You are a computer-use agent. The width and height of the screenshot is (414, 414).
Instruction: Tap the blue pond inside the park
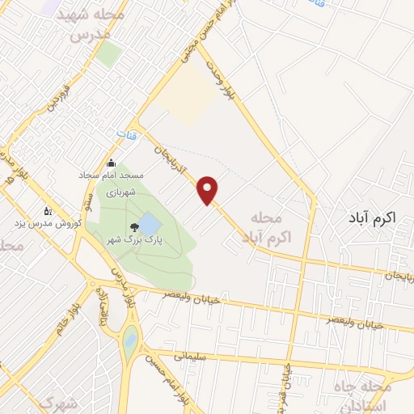[150, 223]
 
